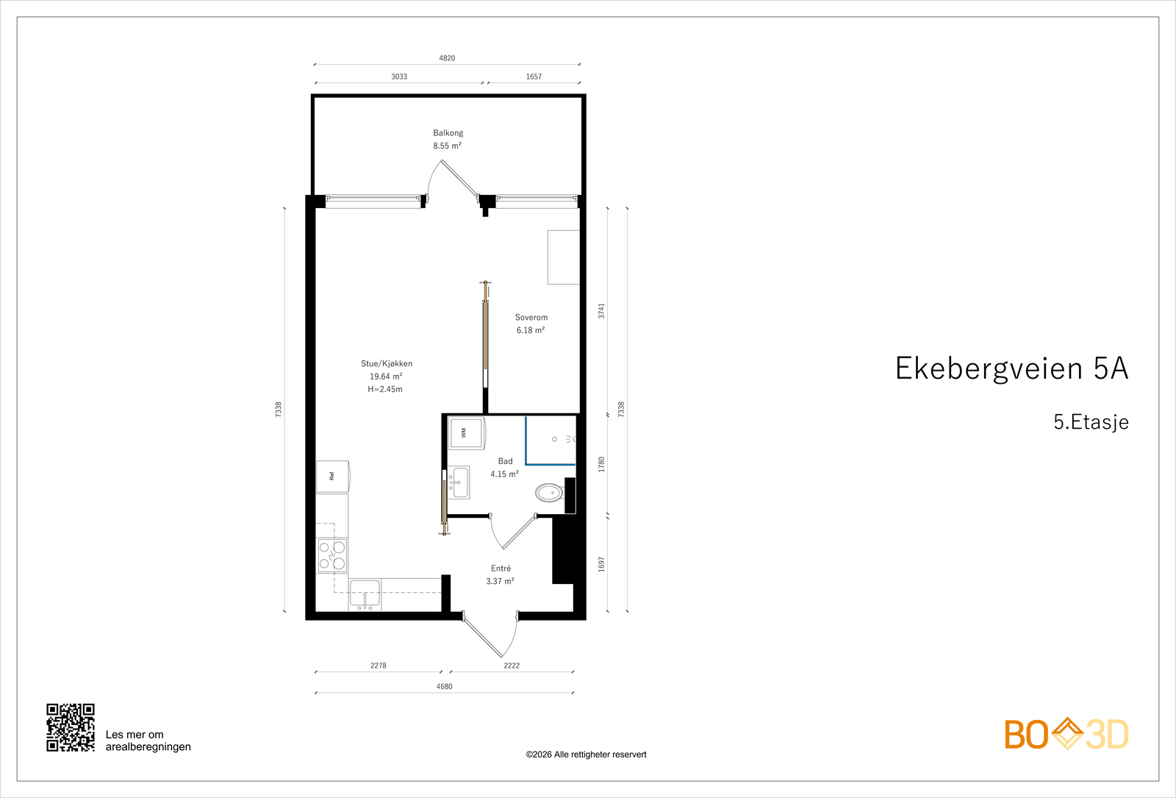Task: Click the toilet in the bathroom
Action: pos(548,492)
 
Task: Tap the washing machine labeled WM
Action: pos(466,433)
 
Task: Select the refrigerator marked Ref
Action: pos(332,476)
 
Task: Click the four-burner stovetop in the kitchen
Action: pos(332,555)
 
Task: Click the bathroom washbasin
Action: pos(459,482)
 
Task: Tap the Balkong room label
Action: pos(448,133)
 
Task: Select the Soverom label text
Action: pos(531,318)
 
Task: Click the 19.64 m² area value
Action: pos(386,377)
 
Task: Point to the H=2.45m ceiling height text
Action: pos(385,389)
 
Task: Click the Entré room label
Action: pos(501,569)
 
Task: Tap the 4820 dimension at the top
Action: pos(447,58)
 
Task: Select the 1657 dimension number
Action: pos(534,76)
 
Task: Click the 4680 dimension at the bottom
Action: pos(444,686)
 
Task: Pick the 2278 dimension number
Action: pos(378,666)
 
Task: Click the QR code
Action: pos(71,727)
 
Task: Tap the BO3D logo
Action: pos(1066,734)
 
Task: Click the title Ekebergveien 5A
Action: pos(1011,368)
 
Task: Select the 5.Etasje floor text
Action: pos(1091,422)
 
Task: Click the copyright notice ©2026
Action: pos(586,755)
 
